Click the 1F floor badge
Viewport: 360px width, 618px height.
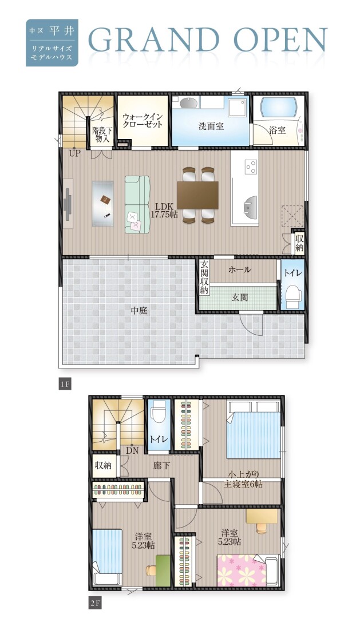65,385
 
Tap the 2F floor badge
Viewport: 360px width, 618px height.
95,603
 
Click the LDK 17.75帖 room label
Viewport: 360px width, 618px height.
164,209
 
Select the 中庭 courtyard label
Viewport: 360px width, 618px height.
139,311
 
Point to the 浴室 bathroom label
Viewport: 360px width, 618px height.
278,130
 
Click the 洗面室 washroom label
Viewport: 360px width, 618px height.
211,126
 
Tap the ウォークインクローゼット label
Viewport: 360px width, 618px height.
143,121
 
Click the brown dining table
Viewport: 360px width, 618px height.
197,195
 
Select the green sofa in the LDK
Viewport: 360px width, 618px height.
137,204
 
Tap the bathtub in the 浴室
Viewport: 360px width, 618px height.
279,107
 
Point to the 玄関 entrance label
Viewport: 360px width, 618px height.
239,297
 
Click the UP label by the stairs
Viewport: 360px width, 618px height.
74,153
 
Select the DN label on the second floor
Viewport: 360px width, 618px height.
132,450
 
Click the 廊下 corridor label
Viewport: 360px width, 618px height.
161,465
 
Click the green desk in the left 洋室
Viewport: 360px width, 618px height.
163,570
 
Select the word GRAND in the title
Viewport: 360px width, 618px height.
154,40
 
